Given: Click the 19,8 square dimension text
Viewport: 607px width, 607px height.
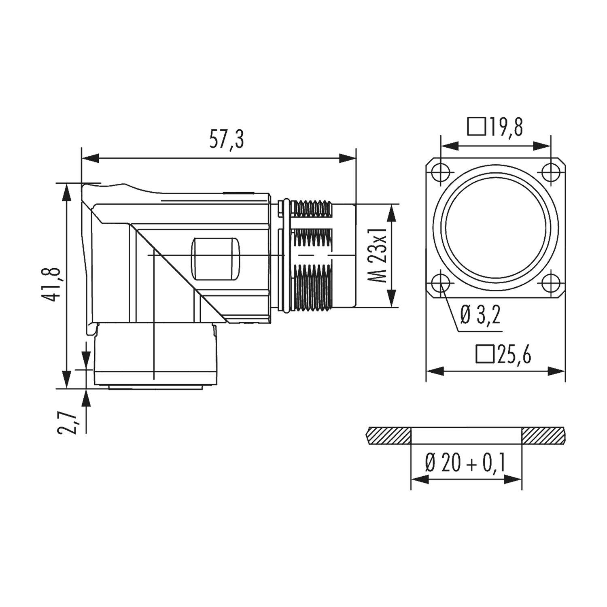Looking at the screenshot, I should (505, 127).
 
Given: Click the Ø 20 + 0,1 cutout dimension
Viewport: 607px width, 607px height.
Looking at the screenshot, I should (465, 463).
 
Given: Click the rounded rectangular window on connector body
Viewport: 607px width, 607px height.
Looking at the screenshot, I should (215, 259).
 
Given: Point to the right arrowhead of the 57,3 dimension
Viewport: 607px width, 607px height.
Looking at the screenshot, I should (348, 158).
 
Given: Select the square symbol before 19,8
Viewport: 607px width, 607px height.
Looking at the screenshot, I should (476, 127).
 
